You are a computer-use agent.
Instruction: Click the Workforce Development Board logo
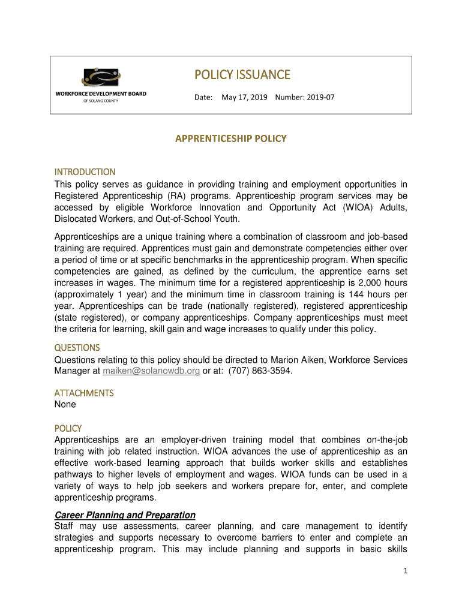(101, 85)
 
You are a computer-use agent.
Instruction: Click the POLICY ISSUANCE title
(242, 75)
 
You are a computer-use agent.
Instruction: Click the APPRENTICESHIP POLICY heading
(230, 139)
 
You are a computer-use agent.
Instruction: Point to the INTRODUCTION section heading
(85, 172)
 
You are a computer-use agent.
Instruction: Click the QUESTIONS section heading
(77, 348)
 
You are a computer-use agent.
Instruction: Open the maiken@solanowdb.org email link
(151, 372)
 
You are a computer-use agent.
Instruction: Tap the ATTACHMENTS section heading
(84, 393)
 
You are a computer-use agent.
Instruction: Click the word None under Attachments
(65, 405)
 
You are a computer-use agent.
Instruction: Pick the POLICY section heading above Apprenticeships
(68, 429)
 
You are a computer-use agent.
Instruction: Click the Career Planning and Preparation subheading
(125, 515)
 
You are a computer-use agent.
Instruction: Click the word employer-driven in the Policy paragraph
(193, 441)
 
